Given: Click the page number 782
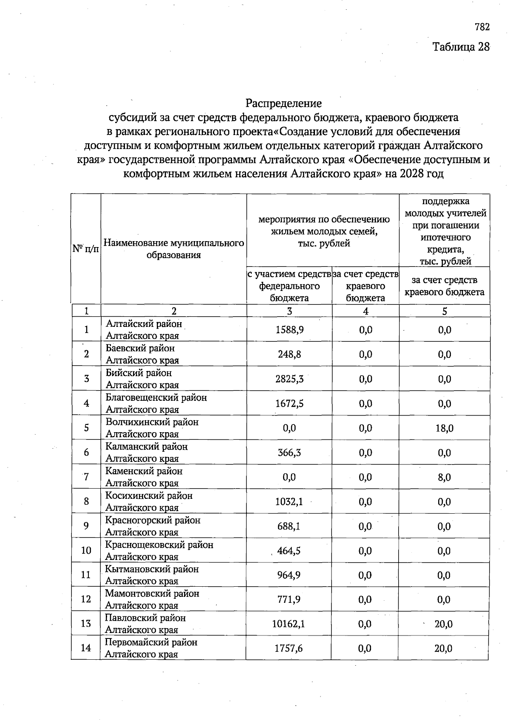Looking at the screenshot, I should click(x=482, y=27).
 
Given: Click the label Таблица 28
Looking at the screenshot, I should click(x=461, y=47).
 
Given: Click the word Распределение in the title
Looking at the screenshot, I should click(x=283, y=103).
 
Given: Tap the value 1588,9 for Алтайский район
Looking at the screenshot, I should click(x=289, y=330).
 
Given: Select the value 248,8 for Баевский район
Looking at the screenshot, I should click(x=289, y=354).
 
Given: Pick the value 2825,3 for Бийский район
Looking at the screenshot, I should click(x=289, y=379).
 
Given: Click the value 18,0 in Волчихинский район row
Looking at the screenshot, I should click(x=444, y=428).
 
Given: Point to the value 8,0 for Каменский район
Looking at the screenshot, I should click(x=444, y=477).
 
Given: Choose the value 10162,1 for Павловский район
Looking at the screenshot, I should click(x=289, y=624).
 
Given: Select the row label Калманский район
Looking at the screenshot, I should click(x=146, y=447).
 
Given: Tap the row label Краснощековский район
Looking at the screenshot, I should click(x=159, y=545).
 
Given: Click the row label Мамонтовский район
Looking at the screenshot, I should click(x=152, y=593).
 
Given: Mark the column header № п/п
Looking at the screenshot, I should click(x=86, y=249).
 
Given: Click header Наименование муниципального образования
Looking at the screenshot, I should click(x=174, y=249).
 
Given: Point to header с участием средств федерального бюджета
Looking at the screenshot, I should click(x=289, y=286).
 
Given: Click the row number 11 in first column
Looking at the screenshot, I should click(x=86, y=575).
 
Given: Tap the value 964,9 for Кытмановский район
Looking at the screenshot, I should click(x=289, y=575).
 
